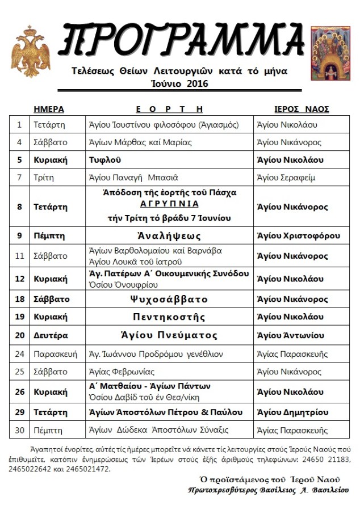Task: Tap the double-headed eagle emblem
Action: (31, 51)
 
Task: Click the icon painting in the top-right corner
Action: (330, 53)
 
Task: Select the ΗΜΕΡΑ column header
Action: (49, 109)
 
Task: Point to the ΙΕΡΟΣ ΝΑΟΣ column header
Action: (301, 109)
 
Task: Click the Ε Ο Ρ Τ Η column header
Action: (169, 109)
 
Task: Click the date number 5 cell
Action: (19, 160)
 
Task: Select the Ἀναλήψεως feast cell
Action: (169, 235)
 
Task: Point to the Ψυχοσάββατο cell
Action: (169, 299)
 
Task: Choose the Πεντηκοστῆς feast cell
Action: (169, 317)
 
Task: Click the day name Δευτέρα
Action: (51, 335)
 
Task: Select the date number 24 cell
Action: (19, 354)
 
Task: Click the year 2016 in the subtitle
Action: (197, 84)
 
